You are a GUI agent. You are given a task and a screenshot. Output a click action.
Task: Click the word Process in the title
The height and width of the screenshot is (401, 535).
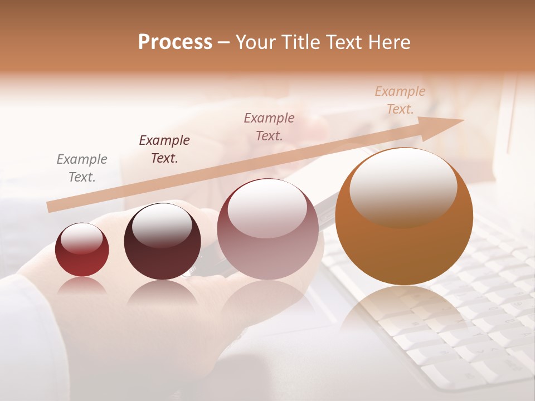(x=175, y=42)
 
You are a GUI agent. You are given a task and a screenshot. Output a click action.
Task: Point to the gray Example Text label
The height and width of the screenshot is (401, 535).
(x=82, y=168)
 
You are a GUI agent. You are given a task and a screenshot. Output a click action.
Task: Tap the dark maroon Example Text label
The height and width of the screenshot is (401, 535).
(x=164, y=149)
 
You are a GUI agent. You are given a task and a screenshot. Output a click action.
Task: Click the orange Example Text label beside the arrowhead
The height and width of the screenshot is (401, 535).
(x=400, y=100)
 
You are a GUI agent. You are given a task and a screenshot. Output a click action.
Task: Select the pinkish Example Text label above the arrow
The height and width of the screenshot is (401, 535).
(x=269, y=126)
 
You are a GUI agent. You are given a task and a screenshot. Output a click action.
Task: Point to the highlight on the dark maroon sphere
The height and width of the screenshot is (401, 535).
(x=162, y=224)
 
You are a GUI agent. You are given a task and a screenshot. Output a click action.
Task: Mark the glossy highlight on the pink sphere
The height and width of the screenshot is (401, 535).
(x=267, y=207)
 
